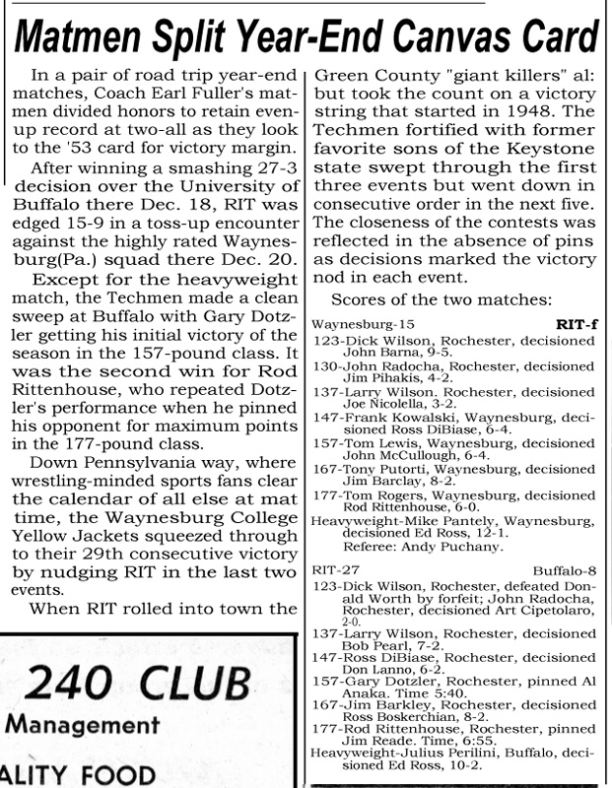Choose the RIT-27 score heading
[333, 570]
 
